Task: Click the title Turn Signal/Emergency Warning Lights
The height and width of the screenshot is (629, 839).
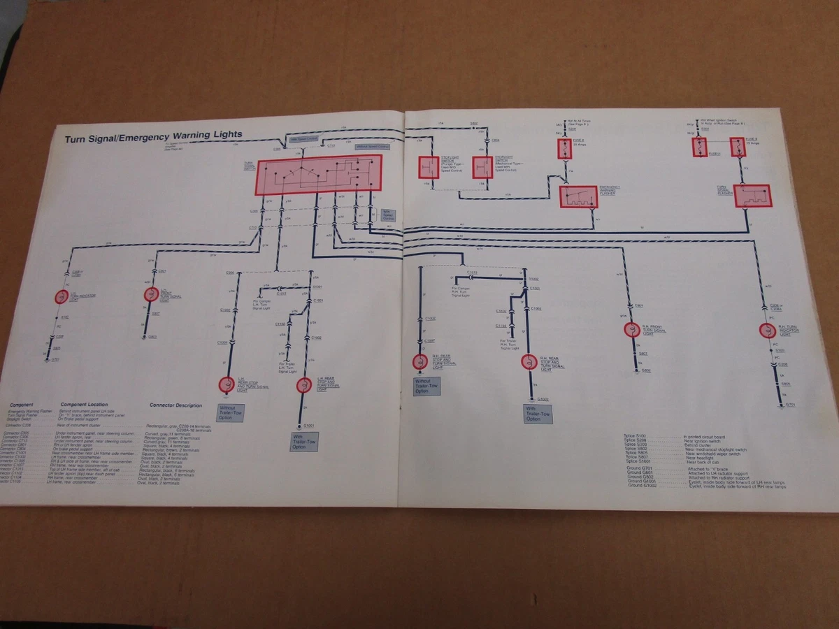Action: click(x=154, y=136)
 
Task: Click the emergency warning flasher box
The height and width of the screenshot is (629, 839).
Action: click(x=578, y=196)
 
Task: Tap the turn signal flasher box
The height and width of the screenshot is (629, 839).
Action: click(x=752, y=196)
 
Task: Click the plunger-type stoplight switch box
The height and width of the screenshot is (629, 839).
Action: click(x=429, y=168)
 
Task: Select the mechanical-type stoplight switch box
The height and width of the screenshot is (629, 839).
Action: click(x=482, y=168)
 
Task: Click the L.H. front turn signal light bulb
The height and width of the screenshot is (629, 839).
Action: click(x=150, y=295)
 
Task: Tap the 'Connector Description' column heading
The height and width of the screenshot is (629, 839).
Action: click(x=175, y=405)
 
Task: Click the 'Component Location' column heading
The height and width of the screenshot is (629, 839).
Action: click(x=84, y=405)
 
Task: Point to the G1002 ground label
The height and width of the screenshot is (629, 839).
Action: click(x=543, y=399)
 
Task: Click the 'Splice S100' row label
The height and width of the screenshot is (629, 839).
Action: click(x=638, y=435)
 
